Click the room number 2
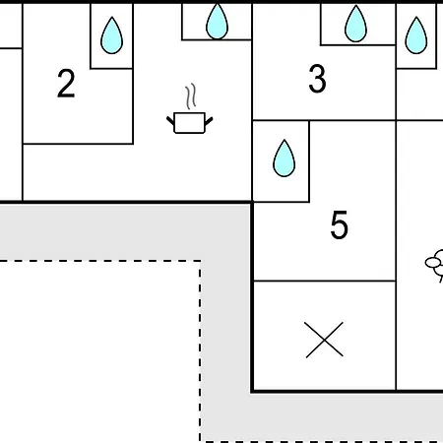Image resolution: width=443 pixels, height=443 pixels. (x=66, y=84)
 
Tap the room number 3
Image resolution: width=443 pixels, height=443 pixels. (x=317, y=79)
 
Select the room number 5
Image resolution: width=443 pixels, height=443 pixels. (x=339, y=224)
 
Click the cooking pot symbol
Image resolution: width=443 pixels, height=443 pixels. (x=190, y=123)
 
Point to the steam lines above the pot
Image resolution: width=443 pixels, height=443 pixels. (x=191, y=96)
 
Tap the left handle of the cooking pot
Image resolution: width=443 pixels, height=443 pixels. (x=170, y=121)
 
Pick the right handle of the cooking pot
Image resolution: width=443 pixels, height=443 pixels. (x=209, y=121)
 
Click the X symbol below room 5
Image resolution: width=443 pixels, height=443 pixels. (x=324, y=340)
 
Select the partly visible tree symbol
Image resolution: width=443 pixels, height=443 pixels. (x=435, y=265)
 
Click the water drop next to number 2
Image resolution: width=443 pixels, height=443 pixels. (x=111, y=35)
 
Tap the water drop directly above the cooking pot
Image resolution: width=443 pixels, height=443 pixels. (x=217, y=21)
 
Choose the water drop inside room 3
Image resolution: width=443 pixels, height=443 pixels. (x=355, y=24)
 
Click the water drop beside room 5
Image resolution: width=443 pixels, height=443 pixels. (x=285, y=158)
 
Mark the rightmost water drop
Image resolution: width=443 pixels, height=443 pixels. (x=416, y=35)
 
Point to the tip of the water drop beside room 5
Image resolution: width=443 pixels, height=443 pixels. (x=285, y=140)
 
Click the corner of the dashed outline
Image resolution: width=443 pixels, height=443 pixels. (x=200, y=261)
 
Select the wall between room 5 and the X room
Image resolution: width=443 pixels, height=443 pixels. (x=325, y=281)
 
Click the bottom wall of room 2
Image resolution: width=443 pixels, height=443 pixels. (x=78, y=144)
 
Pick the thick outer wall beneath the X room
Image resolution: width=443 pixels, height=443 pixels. (x=347, y=391)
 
